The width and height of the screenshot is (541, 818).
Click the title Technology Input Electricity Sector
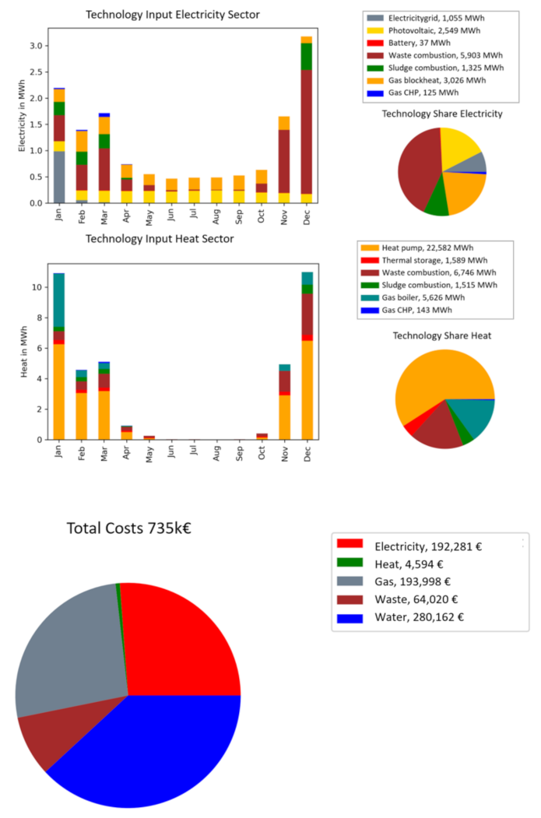tap(173, 15)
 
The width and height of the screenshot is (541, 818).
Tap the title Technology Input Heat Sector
tap(160, 239)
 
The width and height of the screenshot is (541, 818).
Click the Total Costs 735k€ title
tap(128, 528)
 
